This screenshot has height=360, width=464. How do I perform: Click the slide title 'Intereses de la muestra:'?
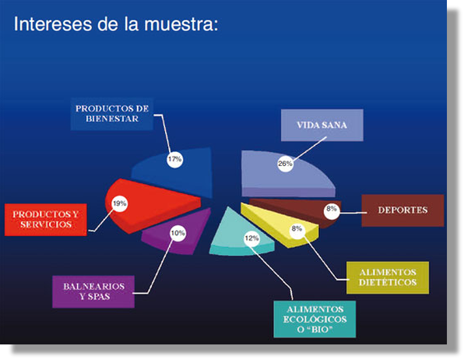pyautogui.click(x=116, y=23)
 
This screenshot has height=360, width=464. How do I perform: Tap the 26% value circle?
pyautogui.click(x=285, y=164)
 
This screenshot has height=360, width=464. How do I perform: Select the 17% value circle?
pyautogui.click(x=175, y=160)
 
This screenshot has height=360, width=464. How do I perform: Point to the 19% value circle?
pyautogui.click(x=120, y=203)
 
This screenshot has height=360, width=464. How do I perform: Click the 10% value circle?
pyautogui.click(x=178, y=233)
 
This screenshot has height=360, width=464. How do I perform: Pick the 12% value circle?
pyautogui.click(x=251, y=238)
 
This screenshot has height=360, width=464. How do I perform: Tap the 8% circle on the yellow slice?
pyautogui.click(x=297, y=229)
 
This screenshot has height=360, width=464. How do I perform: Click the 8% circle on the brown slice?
pyautogui.click(x=332, y=210)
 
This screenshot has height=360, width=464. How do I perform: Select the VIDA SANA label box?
pyautogui.click(x=322, y=125)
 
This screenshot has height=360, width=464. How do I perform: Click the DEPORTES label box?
pyautogui.click(x=402, y=210)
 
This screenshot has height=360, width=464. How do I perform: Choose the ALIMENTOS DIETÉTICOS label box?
pyautogui.click(x=388, y=277)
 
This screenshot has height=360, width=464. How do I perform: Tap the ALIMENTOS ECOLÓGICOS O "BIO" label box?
pyautogui.click(x=315, y=319)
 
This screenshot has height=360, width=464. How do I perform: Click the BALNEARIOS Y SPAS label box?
pyautogui.click(x=93, y=291)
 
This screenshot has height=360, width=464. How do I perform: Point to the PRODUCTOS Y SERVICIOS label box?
pyautogui.click(x=46, y=220)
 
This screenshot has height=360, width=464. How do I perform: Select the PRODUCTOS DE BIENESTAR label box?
pyautogui.click(x=112, y=114)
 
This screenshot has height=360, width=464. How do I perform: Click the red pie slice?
pyautogui.click(x=151, y=204)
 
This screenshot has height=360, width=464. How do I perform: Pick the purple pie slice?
pyautogui.click(x=181, y=234)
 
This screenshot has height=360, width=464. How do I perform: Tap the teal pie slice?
pyautogui.click(x=237, y=237)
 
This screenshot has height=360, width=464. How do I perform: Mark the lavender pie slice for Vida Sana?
pyautogui.click(x=281, y=175)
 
